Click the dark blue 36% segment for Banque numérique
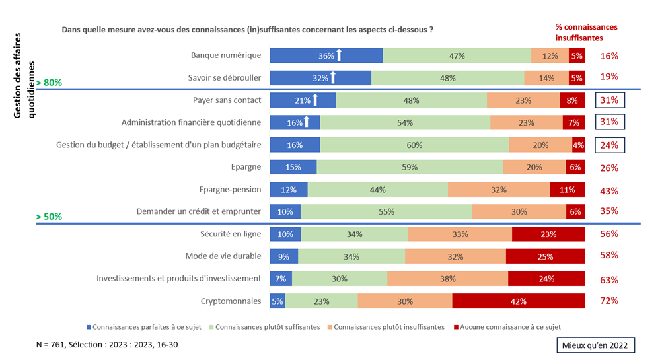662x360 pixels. coord(326,56)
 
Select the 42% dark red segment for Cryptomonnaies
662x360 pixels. coord(518,301)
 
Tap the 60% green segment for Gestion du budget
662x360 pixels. coord(414,145)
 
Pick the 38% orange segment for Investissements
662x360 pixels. coord(447,279)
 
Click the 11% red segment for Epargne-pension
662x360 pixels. coord(567,190)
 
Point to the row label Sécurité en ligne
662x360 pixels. coord(231,234)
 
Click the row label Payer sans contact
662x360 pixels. coord(227,100)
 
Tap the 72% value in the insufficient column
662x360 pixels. coord(608,301)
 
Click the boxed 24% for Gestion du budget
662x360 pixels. coord(609,145)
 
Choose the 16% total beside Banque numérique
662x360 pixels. coord(608,56)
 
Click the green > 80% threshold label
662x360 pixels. coord(49,83)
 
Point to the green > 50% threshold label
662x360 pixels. coord(49,217)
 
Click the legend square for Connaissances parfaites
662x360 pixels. coord(89,327)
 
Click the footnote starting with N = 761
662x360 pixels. coord(107,345)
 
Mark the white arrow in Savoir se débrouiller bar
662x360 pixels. coord(333,78)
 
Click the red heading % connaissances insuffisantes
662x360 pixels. coord(586,32)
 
